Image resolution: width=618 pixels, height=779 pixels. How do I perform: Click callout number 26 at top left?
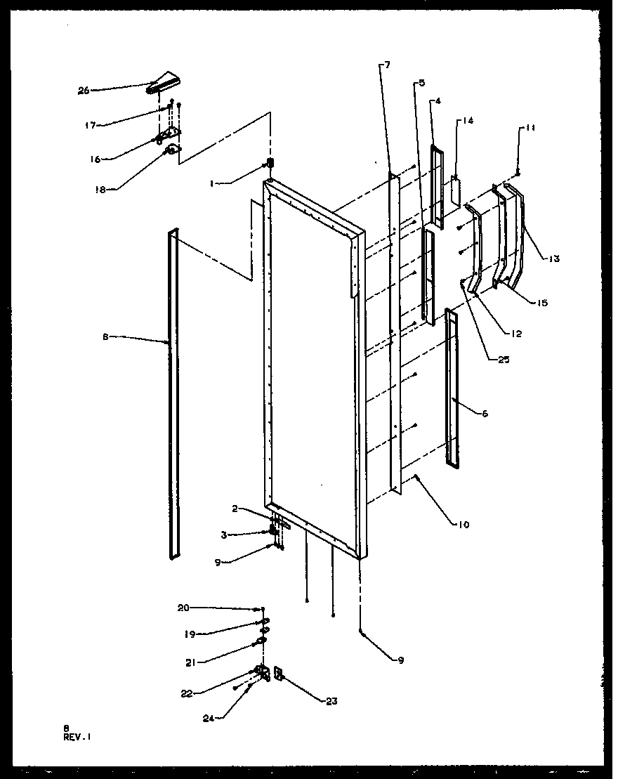84,91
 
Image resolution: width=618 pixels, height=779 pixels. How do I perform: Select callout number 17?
89,125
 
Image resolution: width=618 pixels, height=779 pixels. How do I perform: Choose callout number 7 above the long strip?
388,65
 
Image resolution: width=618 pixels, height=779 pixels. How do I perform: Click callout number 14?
468,121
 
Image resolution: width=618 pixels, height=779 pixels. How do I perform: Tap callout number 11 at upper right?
531,129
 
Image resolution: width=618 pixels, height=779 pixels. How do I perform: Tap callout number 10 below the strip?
462,525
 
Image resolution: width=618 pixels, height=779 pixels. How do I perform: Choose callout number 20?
183,608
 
